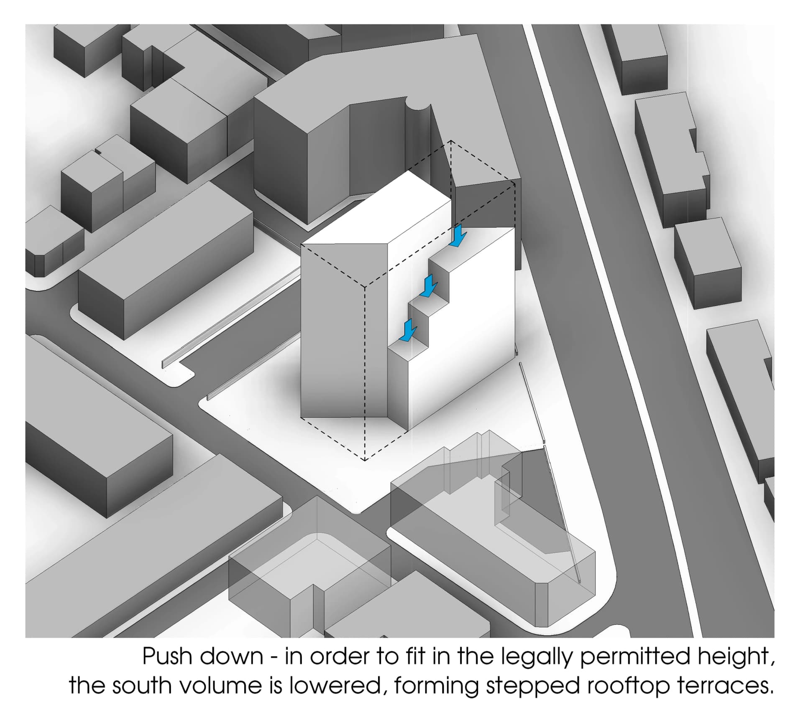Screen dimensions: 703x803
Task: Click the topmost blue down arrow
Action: click(459, 236)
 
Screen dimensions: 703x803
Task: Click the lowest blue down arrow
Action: click(408, 330)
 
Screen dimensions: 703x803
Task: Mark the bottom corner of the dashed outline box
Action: click(365, 460)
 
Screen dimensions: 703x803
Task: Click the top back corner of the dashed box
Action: click(451, 141)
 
